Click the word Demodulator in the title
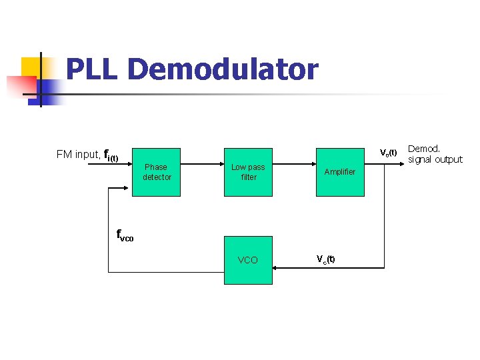[x=222, y=69]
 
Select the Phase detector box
[x=156, y=172]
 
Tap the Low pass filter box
[x=248, y=172]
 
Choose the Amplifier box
[x=340, y=172]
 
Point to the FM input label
[x=78, y=155]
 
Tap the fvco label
[x=125, y=235]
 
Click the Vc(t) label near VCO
[x=325, y=259]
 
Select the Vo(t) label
[x=389, y=153]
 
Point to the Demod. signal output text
[x=435, y=154]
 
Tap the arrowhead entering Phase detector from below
[x=128, y=188]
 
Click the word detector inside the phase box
[x=157, y=177]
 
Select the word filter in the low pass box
[x=249, y=177]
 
